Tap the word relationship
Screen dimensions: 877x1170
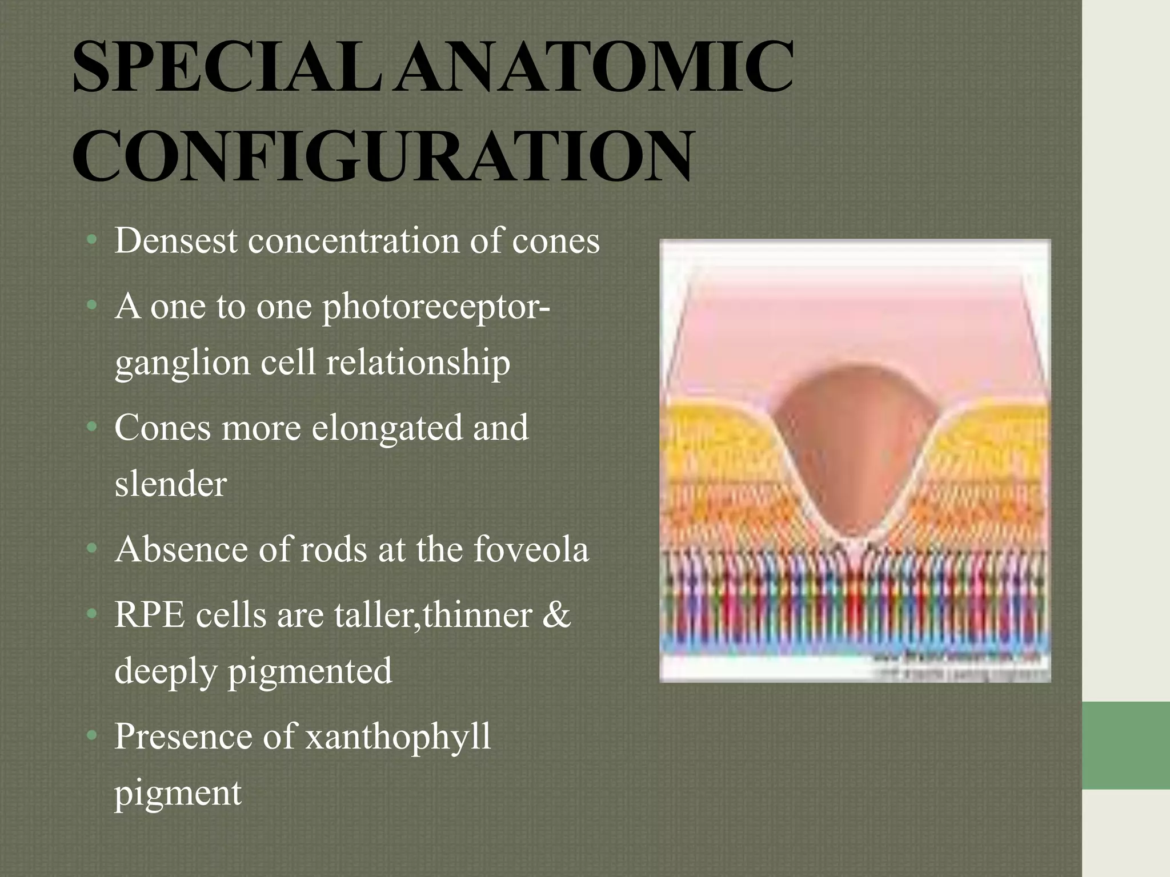pyautogui.click(x=418, y=363)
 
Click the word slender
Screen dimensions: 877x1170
pyautogui.click(x=170, y=484)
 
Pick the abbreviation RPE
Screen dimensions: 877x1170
pyautogui.click(x=150, y=615)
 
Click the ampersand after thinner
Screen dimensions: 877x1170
pyautogui.click(x=556, y=615)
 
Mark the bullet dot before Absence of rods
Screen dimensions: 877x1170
pyautogui.click(x=91, y=550)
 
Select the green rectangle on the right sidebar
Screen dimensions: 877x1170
pyautogui.click(x=1125, y=745)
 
